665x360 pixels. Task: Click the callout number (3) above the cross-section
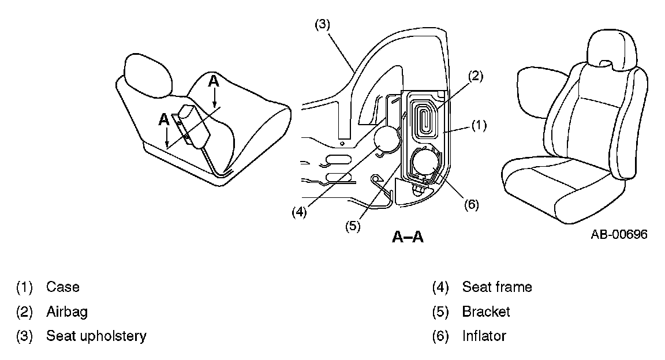pos(322,25)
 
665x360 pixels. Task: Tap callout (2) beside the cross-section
pos(475,75)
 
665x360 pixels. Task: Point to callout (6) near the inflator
pos(471,204)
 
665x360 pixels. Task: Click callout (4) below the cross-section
pos(298,212)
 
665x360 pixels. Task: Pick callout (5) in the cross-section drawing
pos(353,226)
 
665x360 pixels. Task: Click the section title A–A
pos(408,237)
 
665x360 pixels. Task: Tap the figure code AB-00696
pos(619,234)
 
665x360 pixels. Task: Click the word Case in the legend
pos(63,287)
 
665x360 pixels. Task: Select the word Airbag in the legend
pos(67,312)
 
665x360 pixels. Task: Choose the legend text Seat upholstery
pos(96,336)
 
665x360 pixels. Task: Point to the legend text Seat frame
pos(497,287)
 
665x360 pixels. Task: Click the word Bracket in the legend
pos(486,312)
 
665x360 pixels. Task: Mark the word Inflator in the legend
pos(484,336)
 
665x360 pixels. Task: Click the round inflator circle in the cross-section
pos(425,162)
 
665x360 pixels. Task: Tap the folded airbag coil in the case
pos(426,119)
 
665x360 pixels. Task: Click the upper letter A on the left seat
pos(214,81)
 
